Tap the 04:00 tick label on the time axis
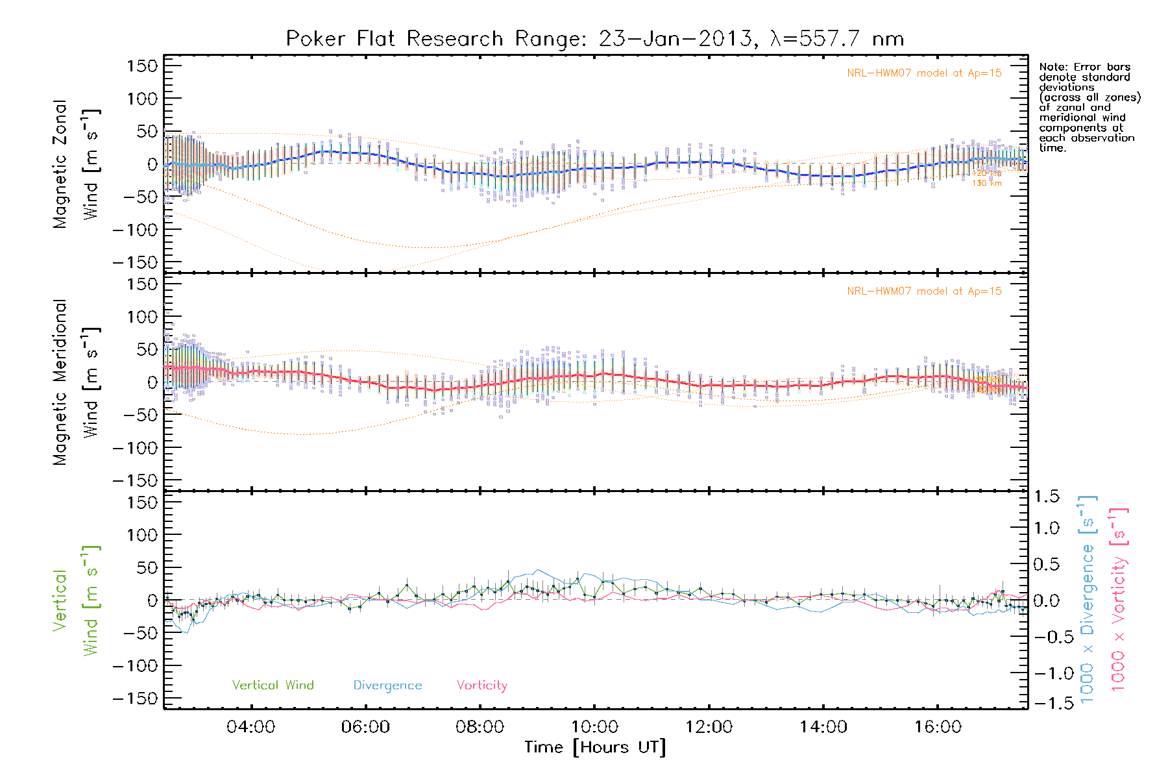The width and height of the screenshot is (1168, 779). pyautogui.click(x=250, y=726)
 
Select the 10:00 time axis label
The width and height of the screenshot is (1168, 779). pyautogui.click(x=594, y=726)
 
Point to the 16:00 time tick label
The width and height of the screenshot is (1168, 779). pyautogui.click(x=938, y=726)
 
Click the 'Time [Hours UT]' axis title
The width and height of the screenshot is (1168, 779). pyautogui.click(x=594, y=747)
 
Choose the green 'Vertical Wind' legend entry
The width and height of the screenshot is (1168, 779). pyautogui.click(x=273, y=686)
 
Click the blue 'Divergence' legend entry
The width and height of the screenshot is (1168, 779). pyautogui.click(x=387, y=686)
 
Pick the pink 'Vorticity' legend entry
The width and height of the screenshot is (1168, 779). pyautogui.click(x=481, y=686)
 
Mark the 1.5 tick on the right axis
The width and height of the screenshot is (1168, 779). pyautogui.click(x=1046, y=497)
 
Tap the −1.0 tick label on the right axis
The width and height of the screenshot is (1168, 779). pyautogui.click(x=1046, y=673)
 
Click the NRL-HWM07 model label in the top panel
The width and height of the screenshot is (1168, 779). pyautogui.click(x=923, y=73)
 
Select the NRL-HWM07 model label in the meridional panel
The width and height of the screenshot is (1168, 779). pyautogui.click(x=923, y=291)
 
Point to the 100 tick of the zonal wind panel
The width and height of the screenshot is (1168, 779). pyautogui.click(x=143, y=99)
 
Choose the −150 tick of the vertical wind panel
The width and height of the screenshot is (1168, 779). pyautogui.click(x=136, y=699)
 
